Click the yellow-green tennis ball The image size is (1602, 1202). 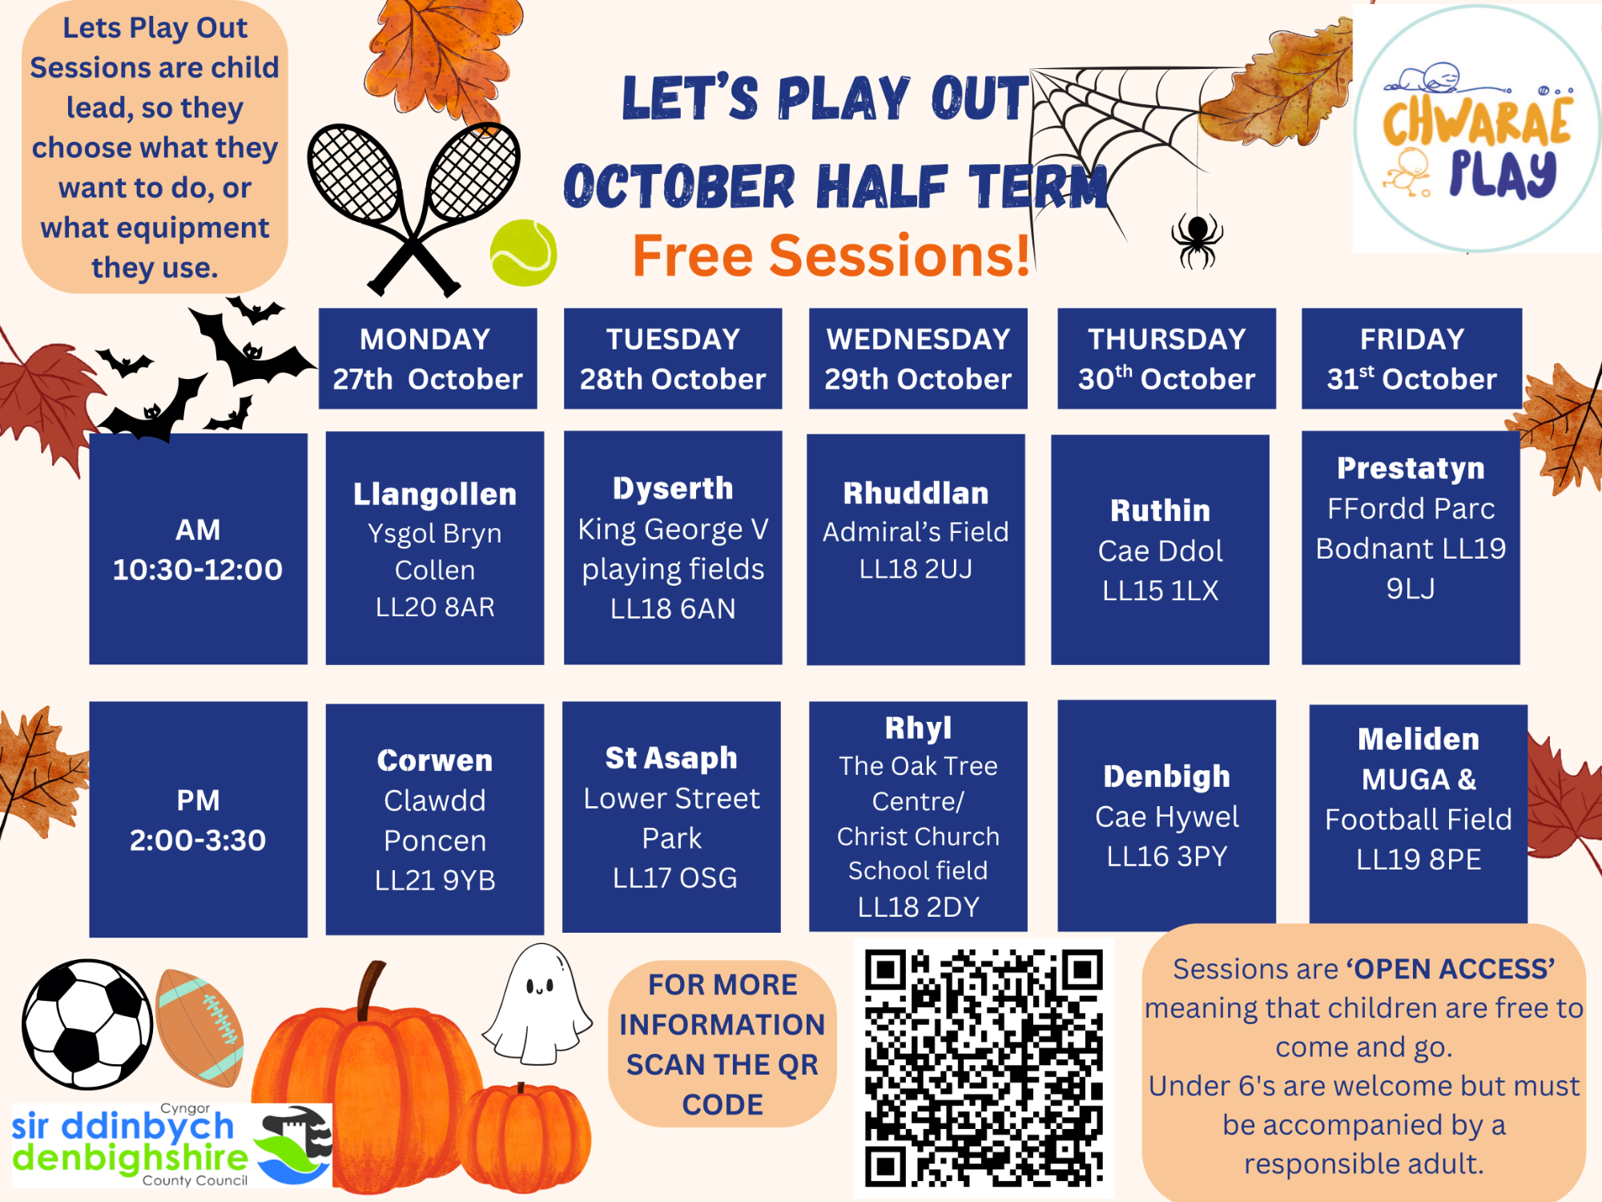(524, 253)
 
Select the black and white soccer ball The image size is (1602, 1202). (87, 1024)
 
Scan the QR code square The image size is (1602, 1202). (984, 1068)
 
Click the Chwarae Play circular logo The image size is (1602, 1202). (1477, 128)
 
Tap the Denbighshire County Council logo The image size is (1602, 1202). (171, 1144)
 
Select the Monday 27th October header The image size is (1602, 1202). (428, 358)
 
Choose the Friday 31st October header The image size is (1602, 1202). (1411, 358)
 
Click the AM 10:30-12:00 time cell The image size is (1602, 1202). (198, 549)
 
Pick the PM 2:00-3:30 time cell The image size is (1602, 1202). (198, 819)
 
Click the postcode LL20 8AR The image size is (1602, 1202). (435, 607)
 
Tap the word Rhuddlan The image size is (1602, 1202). (916, 493)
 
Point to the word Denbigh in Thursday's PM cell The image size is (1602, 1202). (1166, 776)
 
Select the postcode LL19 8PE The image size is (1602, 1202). (1419, 859)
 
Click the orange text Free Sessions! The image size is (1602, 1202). (831, 256)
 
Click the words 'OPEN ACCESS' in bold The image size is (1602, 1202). (1451, 969)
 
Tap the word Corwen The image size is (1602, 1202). (435, 760)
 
